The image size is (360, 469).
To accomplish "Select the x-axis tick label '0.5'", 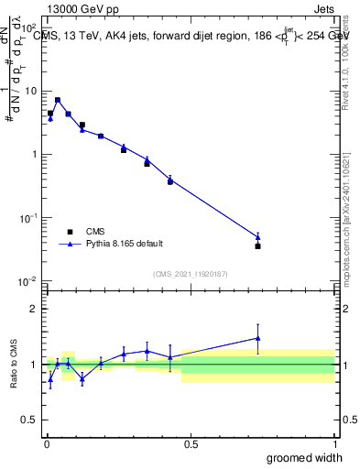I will [191, 444].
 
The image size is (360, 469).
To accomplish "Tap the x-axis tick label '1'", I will [334, 444].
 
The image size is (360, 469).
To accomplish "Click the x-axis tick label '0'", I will [47, 444].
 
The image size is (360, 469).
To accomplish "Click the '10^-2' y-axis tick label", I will [29, 281].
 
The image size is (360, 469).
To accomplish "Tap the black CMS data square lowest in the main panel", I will [258, 245].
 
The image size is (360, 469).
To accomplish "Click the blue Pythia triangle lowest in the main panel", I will [258, 237].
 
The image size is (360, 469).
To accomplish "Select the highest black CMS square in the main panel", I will [58, 100].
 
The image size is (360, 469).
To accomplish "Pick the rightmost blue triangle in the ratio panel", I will [258, 338].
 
